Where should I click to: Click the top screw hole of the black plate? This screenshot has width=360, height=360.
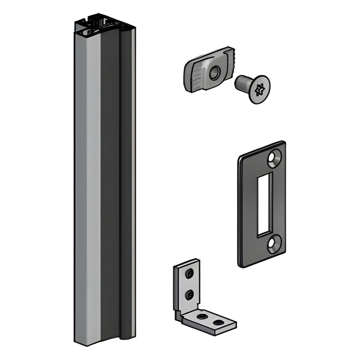274,158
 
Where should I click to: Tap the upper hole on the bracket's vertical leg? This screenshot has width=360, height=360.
189,273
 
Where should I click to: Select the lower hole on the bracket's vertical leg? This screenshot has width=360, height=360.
189,295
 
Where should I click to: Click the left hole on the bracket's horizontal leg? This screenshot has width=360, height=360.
202,316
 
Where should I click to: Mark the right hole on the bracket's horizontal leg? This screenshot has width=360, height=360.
219,322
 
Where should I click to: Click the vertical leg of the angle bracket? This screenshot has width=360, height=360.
187,283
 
